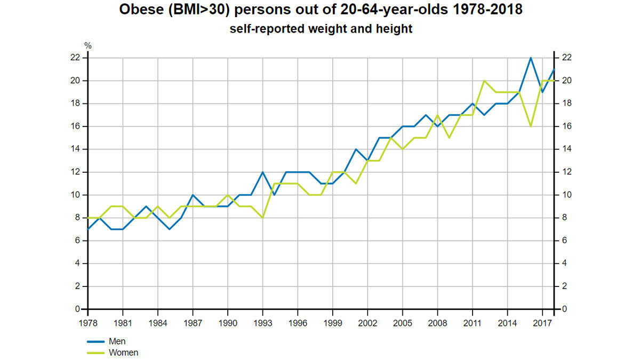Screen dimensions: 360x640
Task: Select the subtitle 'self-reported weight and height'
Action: coord(321,29)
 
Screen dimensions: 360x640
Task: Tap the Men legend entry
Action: coord(116,341)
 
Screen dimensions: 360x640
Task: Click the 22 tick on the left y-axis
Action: coord(75,58)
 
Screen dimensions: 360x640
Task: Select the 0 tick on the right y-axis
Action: coord(564,309)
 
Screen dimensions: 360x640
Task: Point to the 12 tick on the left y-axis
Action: coord(75,172)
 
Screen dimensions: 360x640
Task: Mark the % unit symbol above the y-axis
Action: coord(88,46)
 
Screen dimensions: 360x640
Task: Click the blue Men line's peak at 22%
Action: coord(531,58)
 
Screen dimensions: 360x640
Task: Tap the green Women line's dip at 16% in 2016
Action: coord(531,126)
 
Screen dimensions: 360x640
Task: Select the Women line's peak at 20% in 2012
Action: coord(484,81)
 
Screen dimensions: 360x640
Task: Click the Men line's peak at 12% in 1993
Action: coord(262,172)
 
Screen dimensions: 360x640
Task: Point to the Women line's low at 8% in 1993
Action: coord(262,218)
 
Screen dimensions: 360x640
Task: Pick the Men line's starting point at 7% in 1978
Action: coord(89,229)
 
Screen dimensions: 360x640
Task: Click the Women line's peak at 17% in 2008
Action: coord(437,115)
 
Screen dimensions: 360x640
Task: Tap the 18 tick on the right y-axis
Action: coord(566,103)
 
